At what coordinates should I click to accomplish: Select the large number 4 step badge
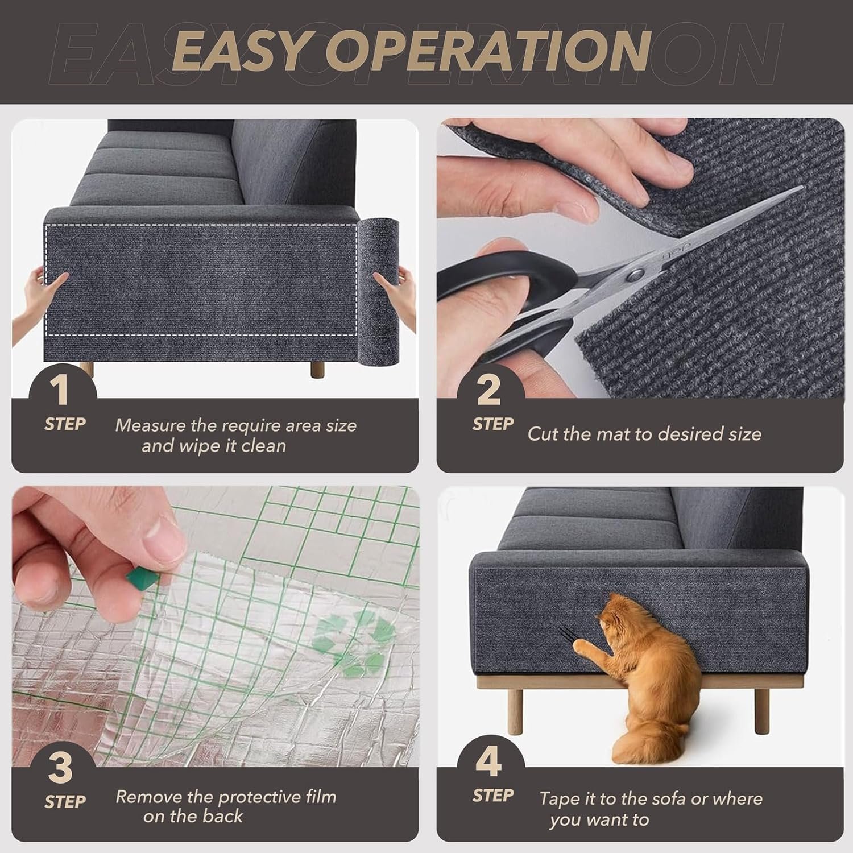[x=488, y=762]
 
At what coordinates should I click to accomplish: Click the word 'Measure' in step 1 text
[x=142, y=425]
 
